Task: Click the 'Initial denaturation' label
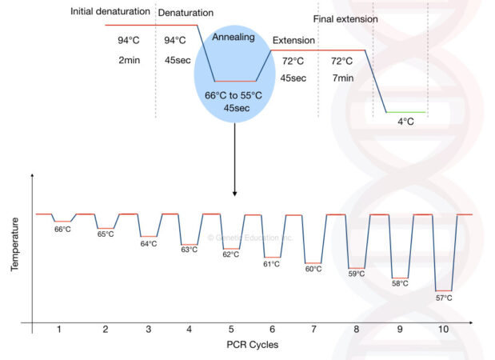click(110, 12)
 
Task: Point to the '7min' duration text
click(341, 78)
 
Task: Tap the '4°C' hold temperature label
click(406, 122)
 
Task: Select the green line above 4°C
click(405, 112)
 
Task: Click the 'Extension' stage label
click(293, 40)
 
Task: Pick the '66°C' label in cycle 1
click(63, 230)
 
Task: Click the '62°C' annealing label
click(231, 254)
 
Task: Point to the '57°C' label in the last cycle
click(443, 298)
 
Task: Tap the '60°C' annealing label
click(313, 269)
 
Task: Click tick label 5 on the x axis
click(231, 329)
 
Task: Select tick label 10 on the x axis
click(442, 329)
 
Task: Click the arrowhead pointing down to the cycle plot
click(234, 193)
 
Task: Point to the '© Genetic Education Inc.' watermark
click(250, 238)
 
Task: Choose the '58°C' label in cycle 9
click(400, 283)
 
